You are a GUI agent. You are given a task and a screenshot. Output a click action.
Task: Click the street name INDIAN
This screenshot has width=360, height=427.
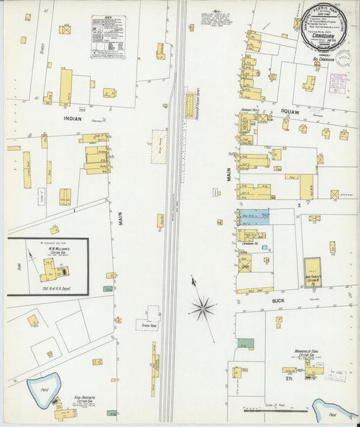coord(72,118)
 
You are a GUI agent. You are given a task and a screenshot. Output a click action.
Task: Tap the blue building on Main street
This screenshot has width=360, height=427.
coord(254,217)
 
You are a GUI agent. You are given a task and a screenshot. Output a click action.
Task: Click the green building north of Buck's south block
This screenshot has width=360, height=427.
coord(246,344)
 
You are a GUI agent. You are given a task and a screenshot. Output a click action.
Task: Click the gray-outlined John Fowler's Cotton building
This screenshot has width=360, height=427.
coord(312,272)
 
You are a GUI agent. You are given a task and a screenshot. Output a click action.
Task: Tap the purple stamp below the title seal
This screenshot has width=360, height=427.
coord(337,82)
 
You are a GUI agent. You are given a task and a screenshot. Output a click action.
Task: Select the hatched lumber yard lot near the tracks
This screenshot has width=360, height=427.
coord(159,145)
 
